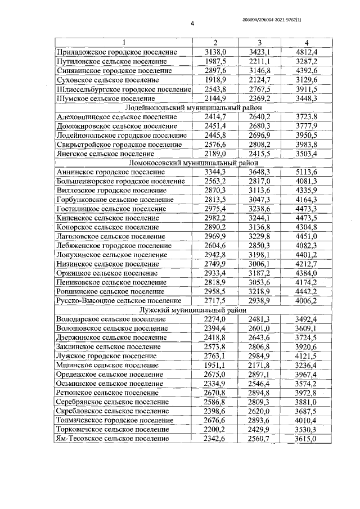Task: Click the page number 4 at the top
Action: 192,24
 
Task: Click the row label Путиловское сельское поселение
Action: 112,61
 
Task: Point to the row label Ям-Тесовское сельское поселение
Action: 113,438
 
